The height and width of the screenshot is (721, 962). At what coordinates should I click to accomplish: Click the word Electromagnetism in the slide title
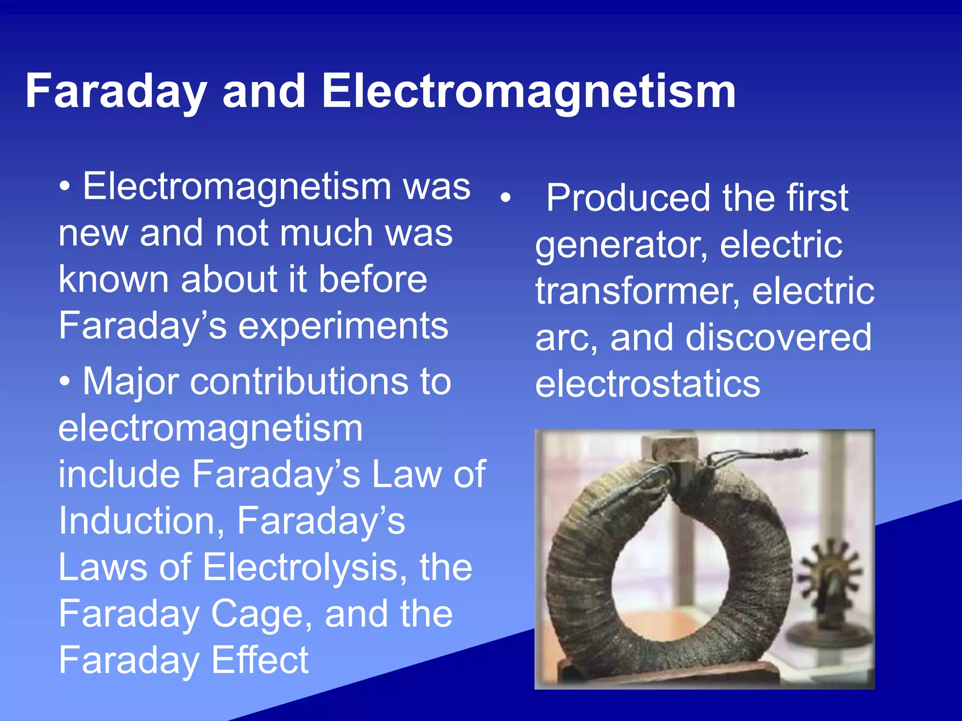click(x=528, y=92)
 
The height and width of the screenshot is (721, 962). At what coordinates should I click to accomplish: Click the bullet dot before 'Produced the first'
click(x=505, y=198)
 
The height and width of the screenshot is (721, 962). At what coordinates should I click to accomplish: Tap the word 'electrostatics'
click(x=647, y=384)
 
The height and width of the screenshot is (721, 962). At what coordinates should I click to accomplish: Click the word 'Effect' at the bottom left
click(x=260, y=660)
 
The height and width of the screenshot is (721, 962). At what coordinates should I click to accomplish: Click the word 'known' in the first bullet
click(x=113, y=279)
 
